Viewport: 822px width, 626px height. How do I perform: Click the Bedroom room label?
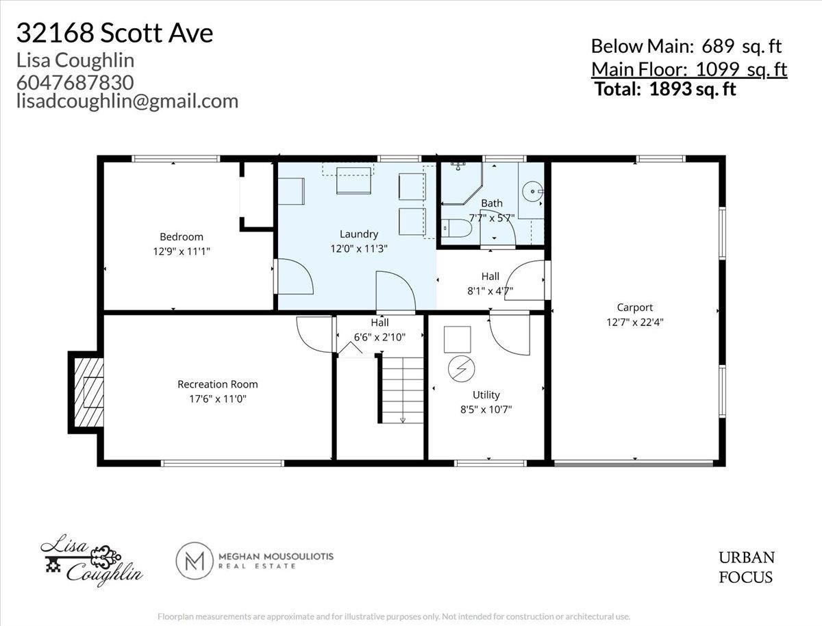point(182,236)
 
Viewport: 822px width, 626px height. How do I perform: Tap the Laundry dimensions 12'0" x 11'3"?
point(358,249)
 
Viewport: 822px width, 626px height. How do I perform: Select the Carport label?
point(635,308)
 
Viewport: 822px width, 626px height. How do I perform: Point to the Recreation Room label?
point(218,384)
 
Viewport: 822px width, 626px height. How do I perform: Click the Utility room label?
point(486,395)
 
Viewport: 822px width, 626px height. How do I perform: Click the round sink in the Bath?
point(532,191)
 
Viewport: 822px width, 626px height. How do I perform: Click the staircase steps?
point(403,390)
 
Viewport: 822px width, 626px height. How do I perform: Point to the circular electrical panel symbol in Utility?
point(462,368)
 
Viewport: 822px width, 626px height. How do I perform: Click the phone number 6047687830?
point(75,82)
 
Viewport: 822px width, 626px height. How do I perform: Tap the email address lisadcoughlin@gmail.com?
point(127,101)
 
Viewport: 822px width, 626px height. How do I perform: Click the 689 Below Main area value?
point(718,47)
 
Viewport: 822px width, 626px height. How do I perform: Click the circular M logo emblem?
point(195,560)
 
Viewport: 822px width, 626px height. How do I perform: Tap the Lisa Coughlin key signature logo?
point(92,560)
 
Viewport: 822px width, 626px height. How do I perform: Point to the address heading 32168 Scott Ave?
point(114,33)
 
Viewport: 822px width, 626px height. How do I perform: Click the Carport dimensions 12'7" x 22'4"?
point(635,323)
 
